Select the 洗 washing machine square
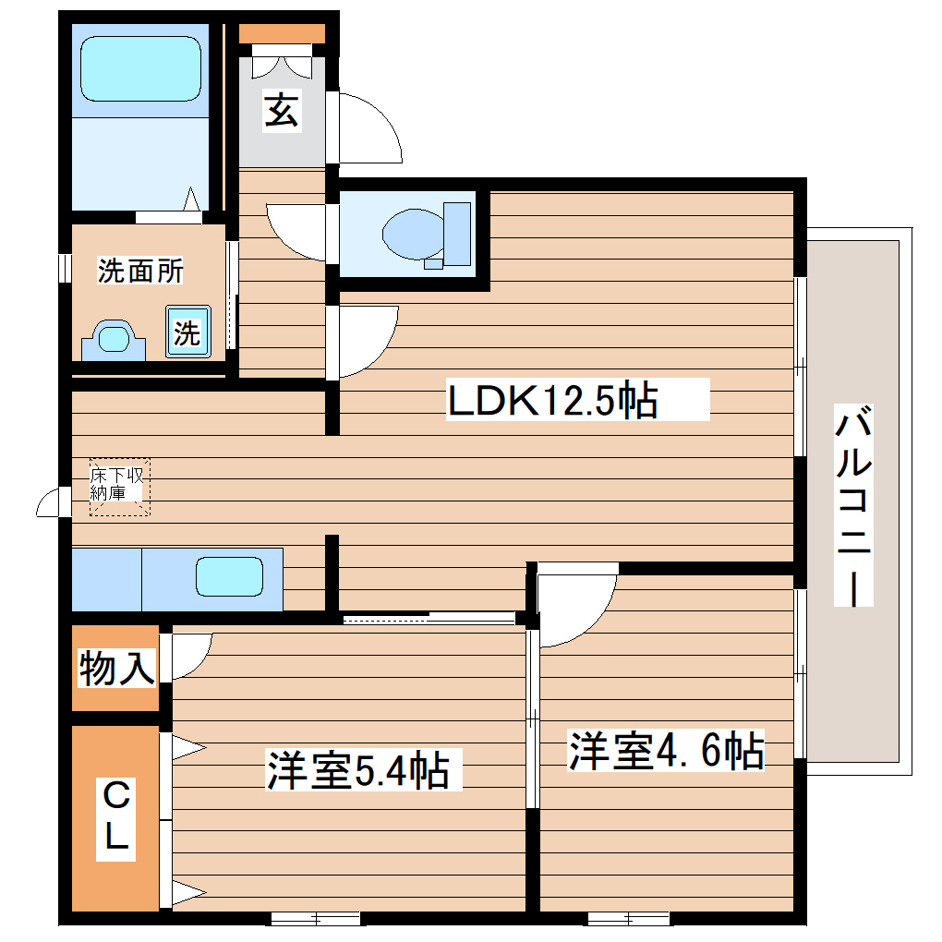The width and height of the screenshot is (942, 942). (x=187, y=332)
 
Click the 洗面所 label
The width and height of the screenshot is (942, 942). (x=140, y=272)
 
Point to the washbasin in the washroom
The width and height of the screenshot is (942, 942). (x=114, y=340)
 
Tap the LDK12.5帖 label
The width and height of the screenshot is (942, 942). (x=552, y=401)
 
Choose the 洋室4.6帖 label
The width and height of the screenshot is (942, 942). (x=666, y=752)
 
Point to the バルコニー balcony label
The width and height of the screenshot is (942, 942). (x=854, y=505)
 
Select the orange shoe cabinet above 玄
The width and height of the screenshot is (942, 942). (x=282, y=33)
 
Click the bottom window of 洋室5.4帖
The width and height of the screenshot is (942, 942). (x=315, y=918)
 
